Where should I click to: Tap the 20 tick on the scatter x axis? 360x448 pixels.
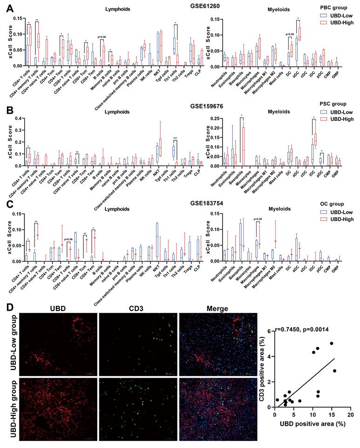350,414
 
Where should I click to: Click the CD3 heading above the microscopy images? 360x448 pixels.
137,309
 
